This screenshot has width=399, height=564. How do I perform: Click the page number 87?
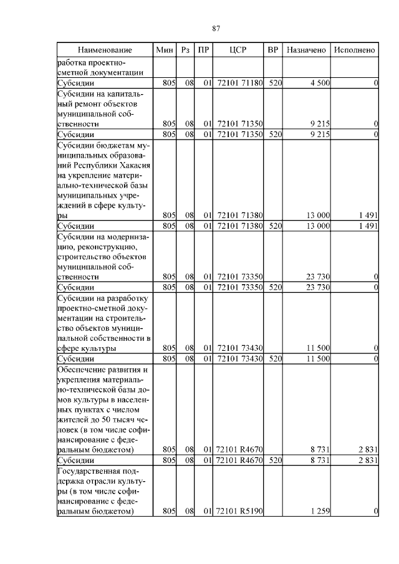[x=216, y=29]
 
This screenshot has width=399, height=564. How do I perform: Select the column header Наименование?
[x=105, y=49]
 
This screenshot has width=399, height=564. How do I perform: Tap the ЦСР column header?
[x=239, y=49]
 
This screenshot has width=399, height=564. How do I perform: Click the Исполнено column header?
[x=354, y=49]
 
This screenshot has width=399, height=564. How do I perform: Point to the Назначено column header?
[x=306, y=49]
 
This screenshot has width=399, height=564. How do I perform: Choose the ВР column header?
[x=272, y=49]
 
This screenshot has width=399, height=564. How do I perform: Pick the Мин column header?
[x=165, y=49]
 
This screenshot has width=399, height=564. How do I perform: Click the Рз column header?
[x=185, y=49]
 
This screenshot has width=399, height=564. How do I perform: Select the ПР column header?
[x=203, y=49]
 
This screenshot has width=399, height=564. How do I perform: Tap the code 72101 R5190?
[x=239, y=511]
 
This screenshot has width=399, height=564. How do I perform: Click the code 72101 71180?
[x=239, y=82]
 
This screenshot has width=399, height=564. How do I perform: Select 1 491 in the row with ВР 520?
[x=368, y=226]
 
